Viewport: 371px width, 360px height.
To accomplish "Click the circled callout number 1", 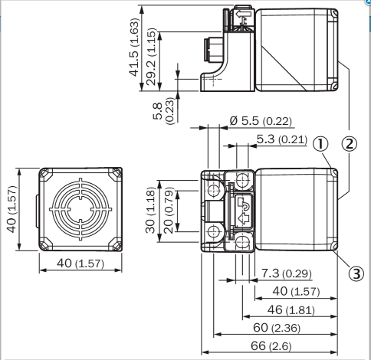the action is [320, 144].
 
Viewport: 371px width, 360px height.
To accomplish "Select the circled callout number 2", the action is [349, 144].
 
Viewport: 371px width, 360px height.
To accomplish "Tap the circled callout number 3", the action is [356, 273].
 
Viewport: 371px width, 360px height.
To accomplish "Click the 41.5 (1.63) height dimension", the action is [134, 47].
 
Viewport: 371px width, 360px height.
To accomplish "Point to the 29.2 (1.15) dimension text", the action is [152, 57].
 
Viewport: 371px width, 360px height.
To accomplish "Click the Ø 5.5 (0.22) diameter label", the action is [261, 121].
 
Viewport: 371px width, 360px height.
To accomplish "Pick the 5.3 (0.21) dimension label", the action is [281, 139].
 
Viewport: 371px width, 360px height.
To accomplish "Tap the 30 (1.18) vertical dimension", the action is [150, 211].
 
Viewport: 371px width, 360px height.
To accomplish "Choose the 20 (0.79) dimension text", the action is [169, 211].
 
